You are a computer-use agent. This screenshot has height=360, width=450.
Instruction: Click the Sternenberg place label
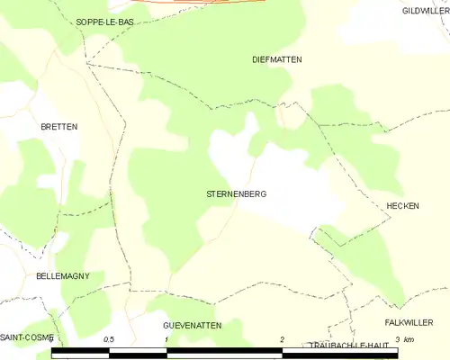(236, 193)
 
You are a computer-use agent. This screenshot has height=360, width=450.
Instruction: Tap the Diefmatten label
(276, 59)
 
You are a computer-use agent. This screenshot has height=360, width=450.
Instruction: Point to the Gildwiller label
(426, 10)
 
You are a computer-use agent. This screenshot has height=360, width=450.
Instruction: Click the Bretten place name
(58, 127)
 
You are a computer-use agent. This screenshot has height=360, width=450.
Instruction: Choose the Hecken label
(402, 206)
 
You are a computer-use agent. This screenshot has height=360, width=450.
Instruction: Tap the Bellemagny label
(63, 276)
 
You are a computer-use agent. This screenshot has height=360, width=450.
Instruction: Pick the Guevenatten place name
(192, 323)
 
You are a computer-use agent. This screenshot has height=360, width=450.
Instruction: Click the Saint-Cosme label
(27, 337)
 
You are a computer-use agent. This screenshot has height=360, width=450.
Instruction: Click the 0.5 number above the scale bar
(109, 339)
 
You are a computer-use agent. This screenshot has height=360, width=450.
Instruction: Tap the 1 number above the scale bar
(166, 339)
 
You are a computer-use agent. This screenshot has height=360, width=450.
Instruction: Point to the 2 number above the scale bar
(283, 339)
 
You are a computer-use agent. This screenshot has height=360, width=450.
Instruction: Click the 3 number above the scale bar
(397, 339)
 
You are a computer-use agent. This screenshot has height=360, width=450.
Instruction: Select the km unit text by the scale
(409, 339)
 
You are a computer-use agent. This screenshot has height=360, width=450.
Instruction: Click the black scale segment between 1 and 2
(225, 352)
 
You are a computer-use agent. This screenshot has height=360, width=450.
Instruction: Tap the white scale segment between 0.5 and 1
(138, 352)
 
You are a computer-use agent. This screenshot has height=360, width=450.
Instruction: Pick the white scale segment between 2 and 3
(340, 352)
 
